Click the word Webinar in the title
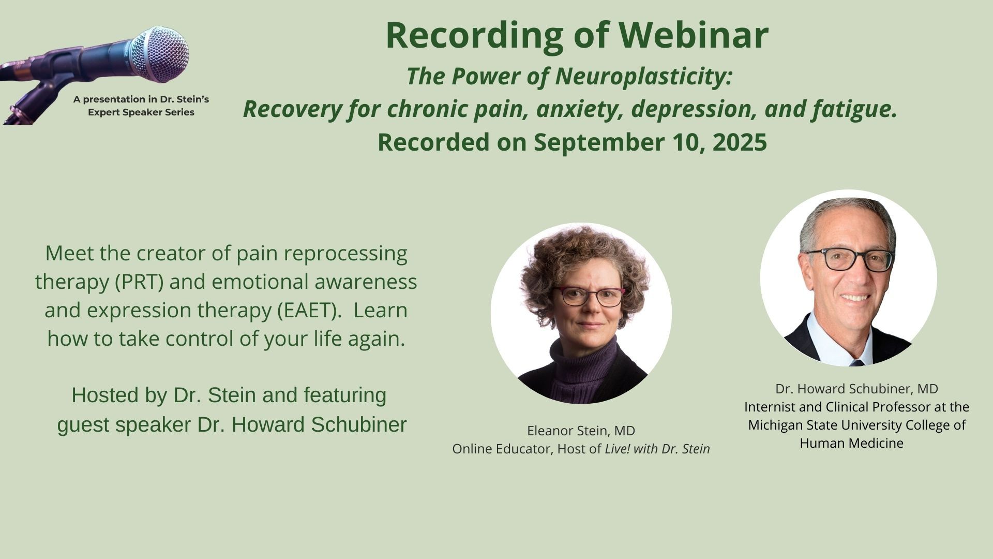pos(694,35)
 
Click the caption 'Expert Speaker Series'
pos(141,112)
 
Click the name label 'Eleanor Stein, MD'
pos(581,431)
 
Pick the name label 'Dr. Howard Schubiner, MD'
pos(856,389)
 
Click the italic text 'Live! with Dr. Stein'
pos(657,449)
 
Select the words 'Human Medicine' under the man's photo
pos(851,444)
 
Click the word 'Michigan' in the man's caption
pos(775,425)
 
